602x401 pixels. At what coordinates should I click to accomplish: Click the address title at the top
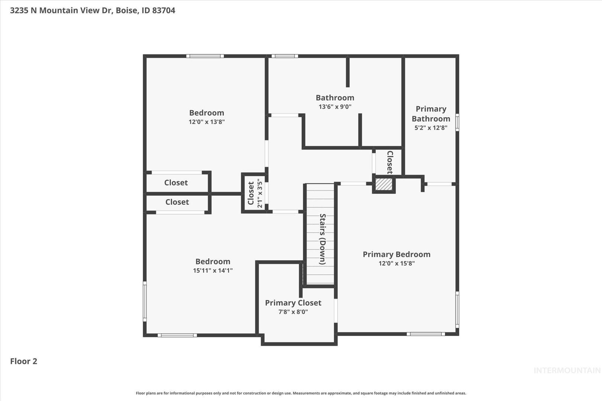93,10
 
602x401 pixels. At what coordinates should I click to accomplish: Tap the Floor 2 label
24,361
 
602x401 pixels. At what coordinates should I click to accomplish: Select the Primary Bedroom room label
397,254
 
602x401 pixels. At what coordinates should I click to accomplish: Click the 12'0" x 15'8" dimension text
397,263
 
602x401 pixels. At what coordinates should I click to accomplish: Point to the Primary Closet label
293,303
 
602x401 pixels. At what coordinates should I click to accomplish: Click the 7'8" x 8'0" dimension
293,312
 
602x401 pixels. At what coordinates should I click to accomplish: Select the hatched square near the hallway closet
384,184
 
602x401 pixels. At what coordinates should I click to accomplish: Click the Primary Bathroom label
431,114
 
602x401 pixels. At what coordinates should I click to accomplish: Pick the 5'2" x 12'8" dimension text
431,128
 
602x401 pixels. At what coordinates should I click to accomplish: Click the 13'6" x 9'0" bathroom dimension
335,107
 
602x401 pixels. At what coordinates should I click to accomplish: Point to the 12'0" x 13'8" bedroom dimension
206,122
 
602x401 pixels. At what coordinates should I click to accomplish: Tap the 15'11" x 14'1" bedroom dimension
213,270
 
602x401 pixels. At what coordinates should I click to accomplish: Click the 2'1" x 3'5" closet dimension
260,193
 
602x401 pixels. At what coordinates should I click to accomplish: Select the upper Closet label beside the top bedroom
176,183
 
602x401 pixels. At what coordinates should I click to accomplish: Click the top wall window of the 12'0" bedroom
205,56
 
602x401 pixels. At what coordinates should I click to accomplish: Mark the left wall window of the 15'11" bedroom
145,301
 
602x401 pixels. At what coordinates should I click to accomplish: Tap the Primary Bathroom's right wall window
457,122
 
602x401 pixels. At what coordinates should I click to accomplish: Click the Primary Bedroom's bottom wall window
426,334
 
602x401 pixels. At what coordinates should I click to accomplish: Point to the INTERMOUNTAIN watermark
567,371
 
